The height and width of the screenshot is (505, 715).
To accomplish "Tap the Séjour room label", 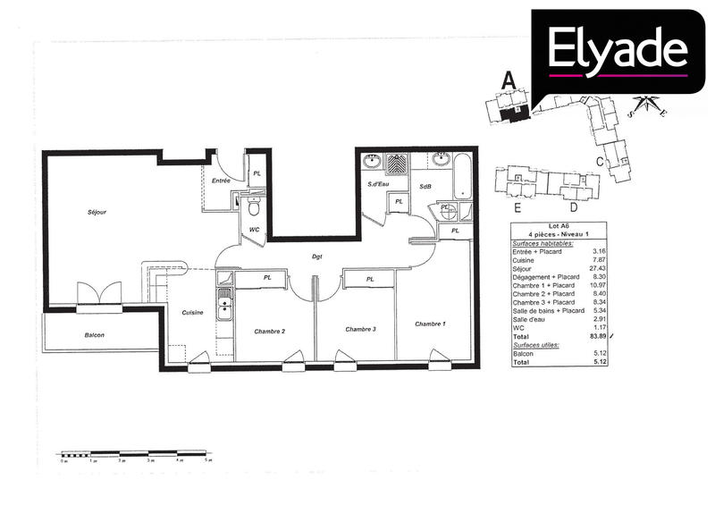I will click(97, 212).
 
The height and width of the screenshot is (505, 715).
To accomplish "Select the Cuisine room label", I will click(193, 312).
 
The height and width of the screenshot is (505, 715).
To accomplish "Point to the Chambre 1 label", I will click(429, 323).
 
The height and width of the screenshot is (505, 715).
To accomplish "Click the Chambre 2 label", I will click(269, 331).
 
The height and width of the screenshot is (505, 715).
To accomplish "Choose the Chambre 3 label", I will click(360, 330).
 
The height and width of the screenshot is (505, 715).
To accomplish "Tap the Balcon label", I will click(94, 335).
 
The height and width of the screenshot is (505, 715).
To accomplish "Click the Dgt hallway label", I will click(317, 257).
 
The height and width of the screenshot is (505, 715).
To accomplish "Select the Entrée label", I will click(222, 181).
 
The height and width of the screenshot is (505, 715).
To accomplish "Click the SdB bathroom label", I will click(426, 185).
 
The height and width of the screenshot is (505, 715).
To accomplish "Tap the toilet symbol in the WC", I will click(253, 208).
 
